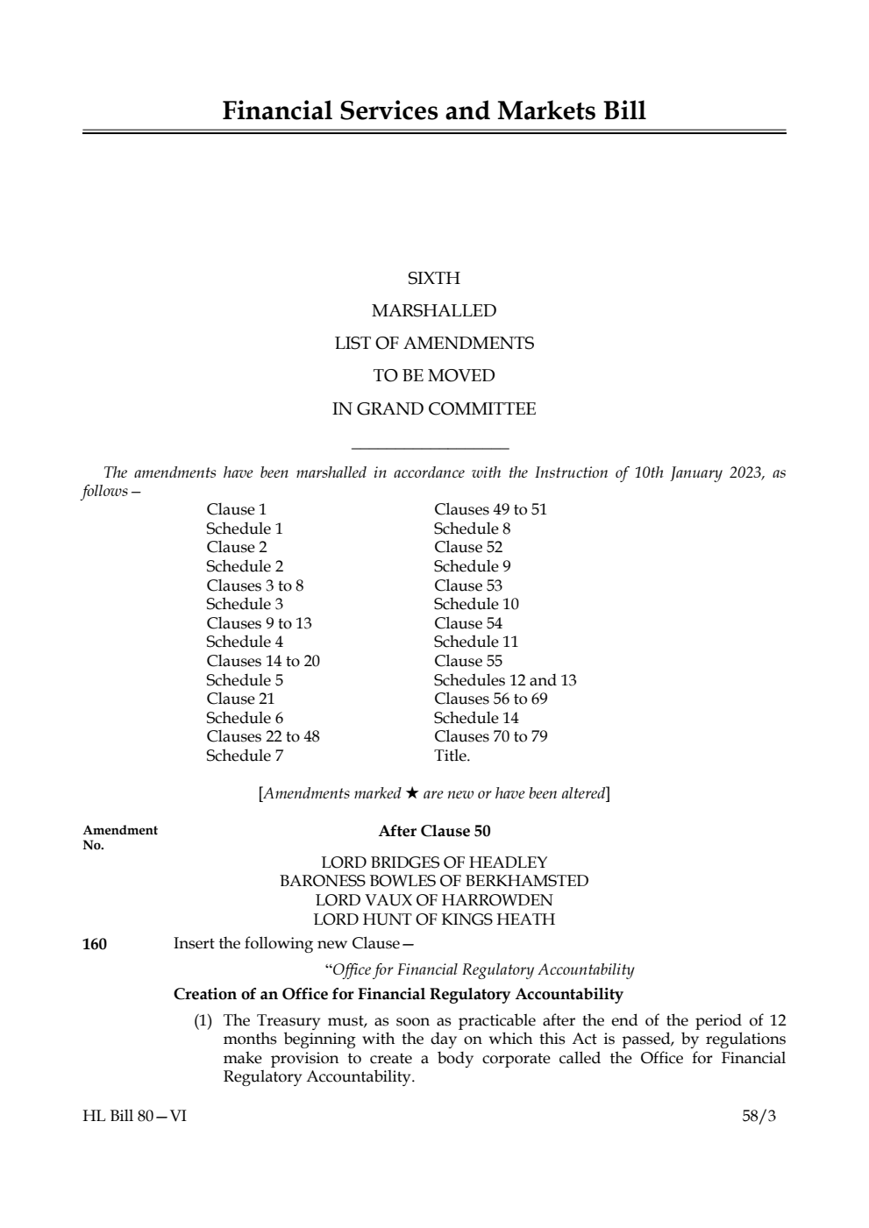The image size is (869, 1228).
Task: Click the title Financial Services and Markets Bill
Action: click(434, 111)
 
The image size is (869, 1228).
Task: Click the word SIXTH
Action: click(434, 279)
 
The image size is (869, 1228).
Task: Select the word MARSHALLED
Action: click(434, 311)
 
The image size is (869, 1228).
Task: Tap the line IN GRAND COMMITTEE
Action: click(434, 409)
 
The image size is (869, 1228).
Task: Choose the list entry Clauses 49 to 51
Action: click(490, 509)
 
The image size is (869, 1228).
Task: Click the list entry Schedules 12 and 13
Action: click(505, 680)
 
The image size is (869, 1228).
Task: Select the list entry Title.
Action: click(452, 756)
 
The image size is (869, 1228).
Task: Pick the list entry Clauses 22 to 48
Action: click(263, 736)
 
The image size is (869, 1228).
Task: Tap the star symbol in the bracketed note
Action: click(411, 793)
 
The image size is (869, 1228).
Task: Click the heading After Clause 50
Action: click(434, 831)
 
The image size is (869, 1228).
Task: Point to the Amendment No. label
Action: click(120, 837)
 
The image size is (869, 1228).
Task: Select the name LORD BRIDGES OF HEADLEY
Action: click(434, 862)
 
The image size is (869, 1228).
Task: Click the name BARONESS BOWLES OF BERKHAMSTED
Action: click(434, 881)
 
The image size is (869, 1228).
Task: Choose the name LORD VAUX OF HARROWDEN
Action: click(434, 900)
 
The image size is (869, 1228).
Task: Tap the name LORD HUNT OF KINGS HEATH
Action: click(434, 919)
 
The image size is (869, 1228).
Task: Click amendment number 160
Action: click(95, 944)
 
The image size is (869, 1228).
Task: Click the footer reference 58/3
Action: click(759, 1116)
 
